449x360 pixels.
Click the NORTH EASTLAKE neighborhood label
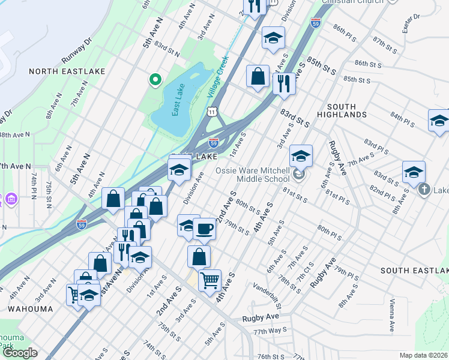(x=67, y=71)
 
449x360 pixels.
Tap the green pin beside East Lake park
(x=155, y=79)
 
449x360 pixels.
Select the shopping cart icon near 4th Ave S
(x=209, y=279)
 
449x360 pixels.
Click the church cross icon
(x=424, y=190)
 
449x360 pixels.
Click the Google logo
(x=20, y=353)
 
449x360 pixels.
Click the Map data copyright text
(x=423, y=355)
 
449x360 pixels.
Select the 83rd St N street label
(x=166, y=49)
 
